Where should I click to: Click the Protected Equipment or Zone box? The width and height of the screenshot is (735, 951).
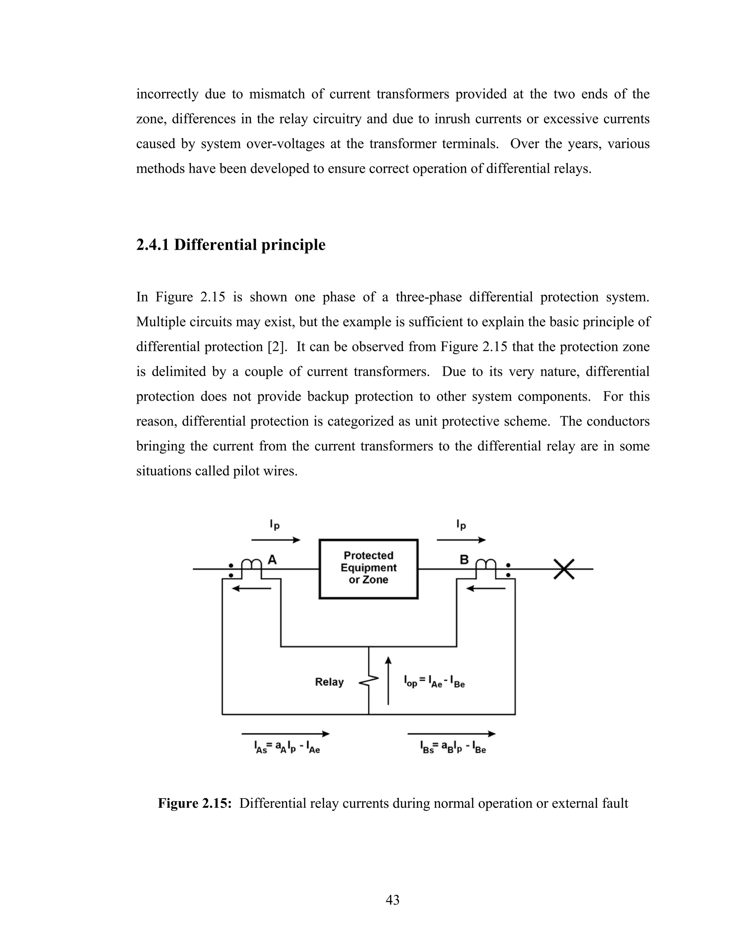point(368,569)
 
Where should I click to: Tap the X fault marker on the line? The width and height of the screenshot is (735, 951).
point(564,569)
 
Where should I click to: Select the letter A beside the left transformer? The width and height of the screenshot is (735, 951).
point(272,559)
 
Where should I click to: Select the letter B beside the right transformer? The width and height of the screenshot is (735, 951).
point(464,559)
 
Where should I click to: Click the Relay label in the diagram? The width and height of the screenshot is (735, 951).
point(329,681)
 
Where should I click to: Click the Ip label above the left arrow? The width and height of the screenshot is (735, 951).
point(274,525)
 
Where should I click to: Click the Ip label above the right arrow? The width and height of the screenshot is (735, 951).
point(461,525)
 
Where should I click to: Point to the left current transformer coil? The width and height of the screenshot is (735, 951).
point(251,565)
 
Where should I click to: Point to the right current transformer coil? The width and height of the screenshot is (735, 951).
point(486,565)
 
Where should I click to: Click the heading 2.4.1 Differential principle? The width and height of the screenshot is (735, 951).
point(231,245)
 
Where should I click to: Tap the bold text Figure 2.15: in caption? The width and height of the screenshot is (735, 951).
point(194,803)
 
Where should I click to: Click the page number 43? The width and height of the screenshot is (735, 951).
point(392,900)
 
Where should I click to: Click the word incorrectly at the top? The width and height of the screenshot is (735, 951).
point(167,94)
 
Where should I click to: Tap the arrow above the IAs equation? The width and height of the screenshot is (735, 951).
point(286,734)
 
